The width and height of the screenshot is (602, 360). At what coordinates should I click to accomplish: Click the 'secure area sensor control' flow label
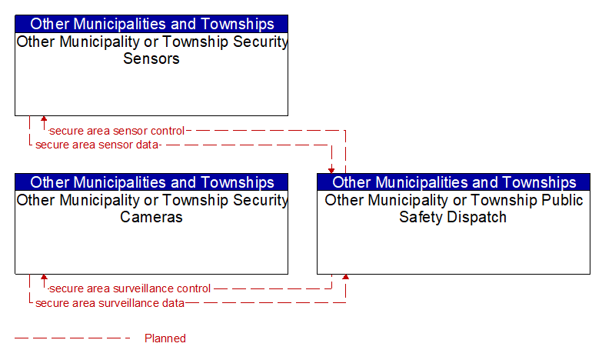tap(117, 131)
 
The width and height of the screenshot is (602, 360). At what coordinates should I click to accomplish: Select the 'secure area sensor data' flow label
tap(97, 145)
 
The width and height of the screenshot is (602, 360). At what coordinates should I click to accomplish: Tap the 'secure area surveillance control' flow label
tap(130, 288)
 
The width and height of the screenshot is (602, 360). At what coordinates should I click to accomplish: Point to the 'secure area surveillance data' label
tap(110, 303)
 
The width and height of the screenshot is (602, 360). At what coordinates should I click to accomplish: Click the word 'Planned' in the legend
tap(165, 338)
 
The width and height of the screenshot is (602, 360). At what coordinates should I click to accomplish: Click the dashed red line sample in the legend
tap(72, 338)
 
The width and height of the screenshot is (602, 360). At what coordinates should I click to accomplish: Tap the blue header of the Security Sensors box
tap(151, 24)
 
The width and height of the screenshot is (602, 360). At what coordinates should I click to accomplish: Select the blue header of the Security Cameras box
tap(151, 182)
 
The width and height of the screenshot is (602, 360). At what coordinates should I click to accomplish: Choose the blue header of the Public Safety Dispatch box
tap(454, 182)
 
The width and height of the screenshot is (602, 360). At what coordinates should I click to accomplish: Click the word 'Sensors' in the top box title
tap(151, 58)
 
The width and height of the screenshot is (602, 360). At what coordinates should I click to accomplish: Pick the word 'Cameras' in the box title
tap(151, 217)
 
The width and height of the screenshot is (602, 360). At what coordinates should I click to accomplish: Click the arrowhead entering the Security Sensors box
tap(44, 118)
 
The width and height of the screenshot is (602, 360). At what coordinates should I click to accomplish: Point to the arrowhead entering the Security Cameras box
tap(44, 277)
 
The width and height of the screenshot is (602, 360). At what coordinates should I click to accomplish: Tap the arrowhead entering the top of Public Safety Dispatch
tap(331, 171)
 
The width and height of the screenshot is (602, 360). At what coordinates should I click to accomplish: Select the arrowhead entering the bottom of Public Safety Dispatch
tap(345, 277)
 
